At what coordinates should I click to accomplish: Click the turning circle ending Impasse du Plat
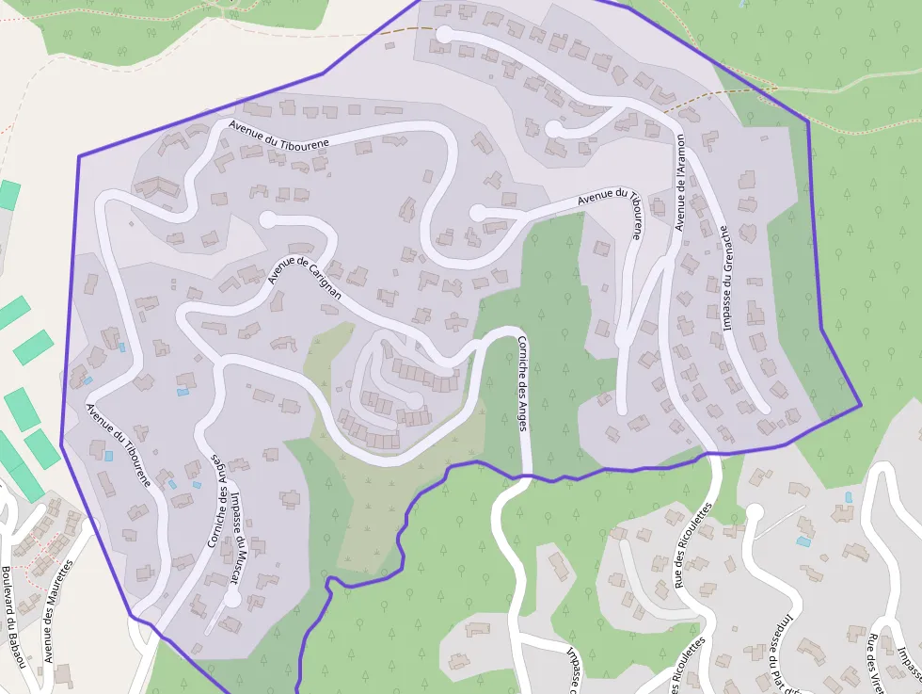754,512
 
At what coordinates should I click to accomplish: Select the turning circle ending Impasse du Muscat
231,597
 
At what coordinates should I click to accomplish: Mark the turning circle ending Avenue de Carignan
268,219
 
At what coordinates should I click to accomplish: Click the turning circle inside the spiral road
413,400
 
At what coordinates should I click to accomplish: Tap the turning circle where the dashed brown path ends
443,34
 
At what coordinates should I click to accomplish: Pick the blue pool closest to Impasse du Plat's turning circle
803,541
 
